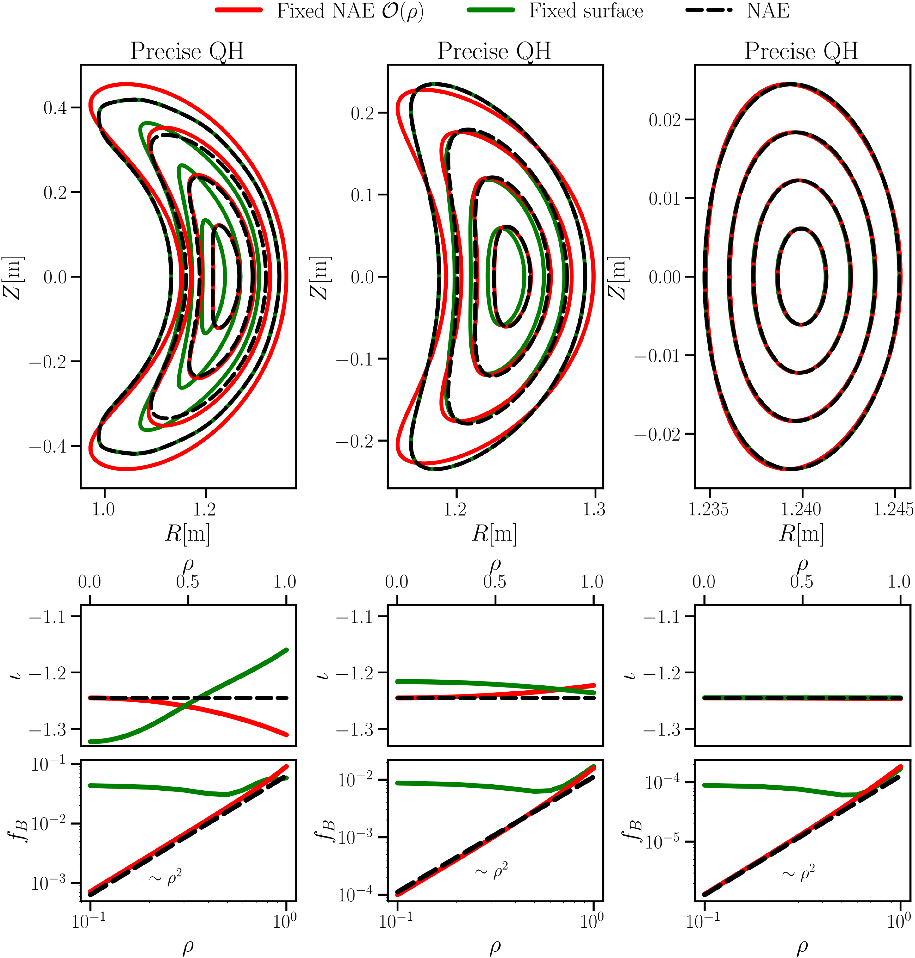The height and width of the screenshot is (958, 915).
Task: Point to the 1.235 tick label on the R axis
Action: click(x=708, y=509)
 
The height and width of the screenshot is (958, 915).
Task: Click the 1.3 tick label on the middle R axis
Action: click(x=594, y=509)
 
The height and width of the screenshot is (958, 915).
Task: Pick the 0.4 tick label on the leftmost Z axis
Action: click(x=55, y=108)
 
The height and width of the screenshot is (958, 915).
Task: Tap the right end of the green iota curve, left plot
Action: click(x=286, y=650)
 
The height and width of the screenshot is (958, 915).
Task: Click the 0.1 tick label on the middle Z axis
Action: click(x=362, y=195)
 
